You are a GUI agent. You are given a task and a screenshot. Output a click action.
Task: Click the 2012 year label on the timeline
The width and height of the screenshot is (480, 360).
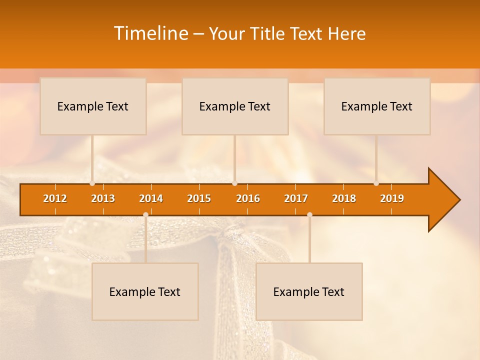pos(55,198)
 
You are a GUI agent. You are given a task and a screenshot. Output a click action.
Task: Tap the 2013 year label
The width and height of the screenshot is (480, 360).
pos(103,198)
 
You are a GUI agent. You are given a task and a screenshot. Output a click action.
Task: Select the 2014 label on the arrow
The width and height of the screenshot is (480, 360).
pos(151,198)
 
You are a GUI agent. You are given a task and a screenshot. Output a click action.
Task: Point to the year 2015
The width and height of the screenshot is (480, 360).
pos(199,198)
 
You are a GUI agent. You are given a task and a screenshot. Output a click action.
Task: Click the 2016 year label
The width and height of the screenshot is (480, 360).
pos(248,198)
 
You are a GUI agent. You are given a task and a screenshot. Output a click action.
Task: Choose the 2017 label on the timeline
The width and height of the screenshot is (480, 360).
pos(296,198)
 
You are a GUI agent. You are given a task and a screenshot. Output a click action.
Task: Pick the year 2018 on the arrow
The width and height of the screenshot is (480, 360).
pos(344,198)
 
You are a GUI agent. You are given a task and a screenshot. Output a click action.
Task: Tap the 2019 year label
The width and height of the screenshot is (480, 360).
pos(392,198)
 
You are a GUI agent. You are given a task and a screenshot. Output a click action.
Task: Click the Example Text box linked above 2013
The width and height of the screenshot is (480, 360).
pos(93,106)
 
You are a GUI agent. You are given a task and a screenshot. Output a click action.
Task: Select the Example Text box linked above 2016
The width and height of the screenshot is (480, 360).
pos(235,106)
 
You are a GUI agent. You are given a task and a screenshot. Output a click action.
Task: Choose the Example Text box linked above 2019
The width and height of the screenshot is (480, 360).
pos(377,106)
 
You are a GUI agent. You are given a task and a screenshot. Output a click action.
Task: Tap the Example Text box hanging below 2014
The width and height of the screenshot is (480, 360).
pos(145,291)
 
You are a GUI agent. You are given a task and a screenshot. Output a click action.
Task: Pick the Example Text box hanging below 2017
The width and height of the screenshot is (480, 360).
pos(309,291)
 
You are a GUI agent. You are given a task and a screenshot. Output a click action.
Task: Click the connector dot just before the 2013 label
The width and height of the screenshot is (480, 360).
pos(92,183)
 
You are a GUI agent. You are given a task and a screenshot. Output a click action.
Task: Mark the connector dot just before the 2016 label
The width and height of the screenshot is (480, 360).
pos(235,183)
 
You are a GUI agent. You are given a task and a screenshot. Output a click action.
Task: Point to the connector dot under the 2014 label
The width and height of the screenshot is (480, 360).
pos(145,214)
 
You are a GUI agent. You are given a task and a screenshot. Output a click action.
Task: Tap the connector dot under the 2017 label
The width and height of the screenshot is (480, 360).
pos(309,214)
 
